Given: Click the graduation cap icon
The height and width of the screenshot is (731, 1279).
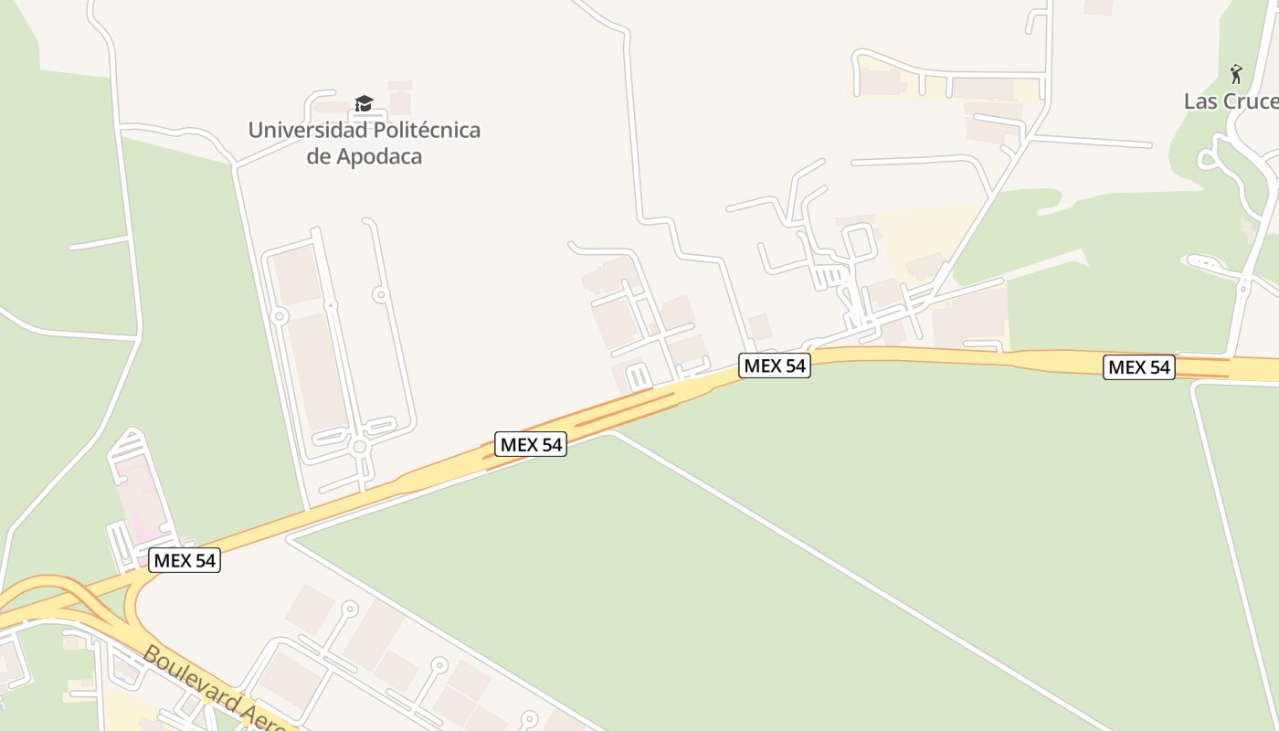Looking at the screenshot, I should (364, 103).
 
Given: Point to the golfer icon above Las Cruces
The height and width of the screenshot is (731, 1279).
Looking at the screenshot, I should (1236, 73).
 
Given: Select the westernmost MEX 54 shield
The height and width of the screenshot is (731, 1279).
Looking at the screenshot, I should (185, 560).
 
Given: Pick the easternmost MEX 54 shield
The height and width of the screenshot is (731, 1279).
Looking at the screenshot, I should (1138, 367).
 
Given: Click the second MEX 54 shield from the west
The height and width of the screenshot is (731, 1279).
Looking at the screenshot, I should (531, 445).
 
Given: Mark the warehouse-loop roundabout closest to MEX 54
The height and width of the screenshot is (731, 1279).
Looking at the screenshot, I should (360, 447).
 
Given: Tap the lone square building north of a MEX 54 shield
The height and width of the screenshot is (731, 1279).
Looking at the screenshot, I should (759, 327).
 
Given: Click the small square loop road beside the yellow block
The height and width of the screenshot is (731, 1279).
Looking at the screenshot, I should (859, 242).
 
